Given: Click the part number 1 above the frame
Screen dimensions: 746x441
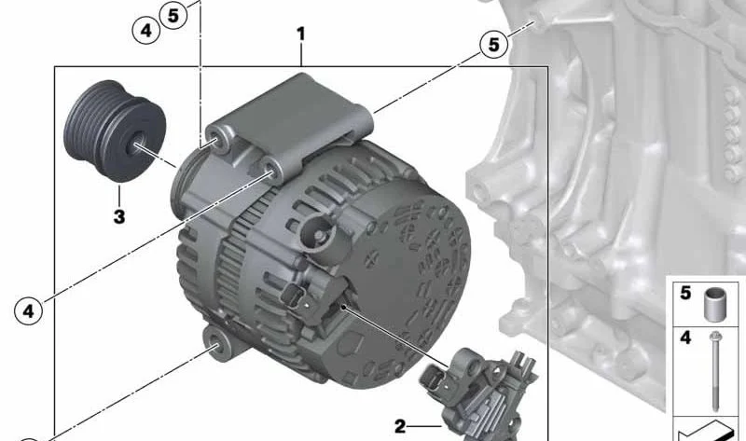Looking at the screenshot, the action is (x=300, y=34).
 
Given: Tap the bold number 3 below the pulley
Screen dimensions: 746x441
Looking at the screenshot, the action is (x=119, y=216).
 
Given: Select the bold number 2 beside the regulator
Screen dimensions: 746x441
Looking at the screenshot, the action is (x=400, y=426).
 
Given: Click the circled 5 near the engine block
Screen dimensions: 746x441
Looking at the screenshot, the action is (x=494, y=45).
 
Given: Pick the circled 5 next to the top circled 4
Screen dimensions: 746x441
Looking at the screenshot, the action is (x=173, y=15).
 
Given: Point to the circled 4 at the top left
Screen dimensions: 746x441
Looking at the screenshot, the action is (x=145, y=31).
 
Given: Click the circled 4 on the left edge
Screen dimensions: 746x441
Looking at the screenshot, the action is (x=29, y=311).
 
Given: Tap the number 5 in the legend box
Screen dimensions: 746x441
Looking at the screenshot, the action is (x=685, y=293).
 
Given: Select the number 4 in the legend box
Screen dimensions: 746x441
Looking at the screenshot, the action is (x=685, y=338).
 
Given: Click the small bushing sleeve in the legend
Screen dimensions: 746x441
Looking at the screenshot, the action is (x=714, y=305).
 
